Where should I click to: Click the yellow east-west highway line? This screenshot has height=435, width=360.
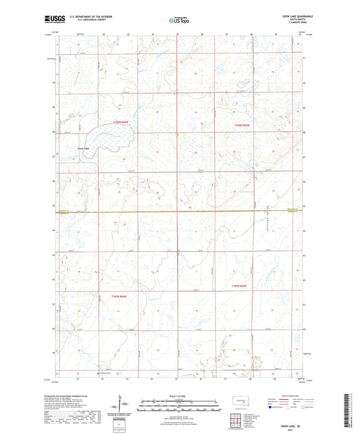pos(179,213)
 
